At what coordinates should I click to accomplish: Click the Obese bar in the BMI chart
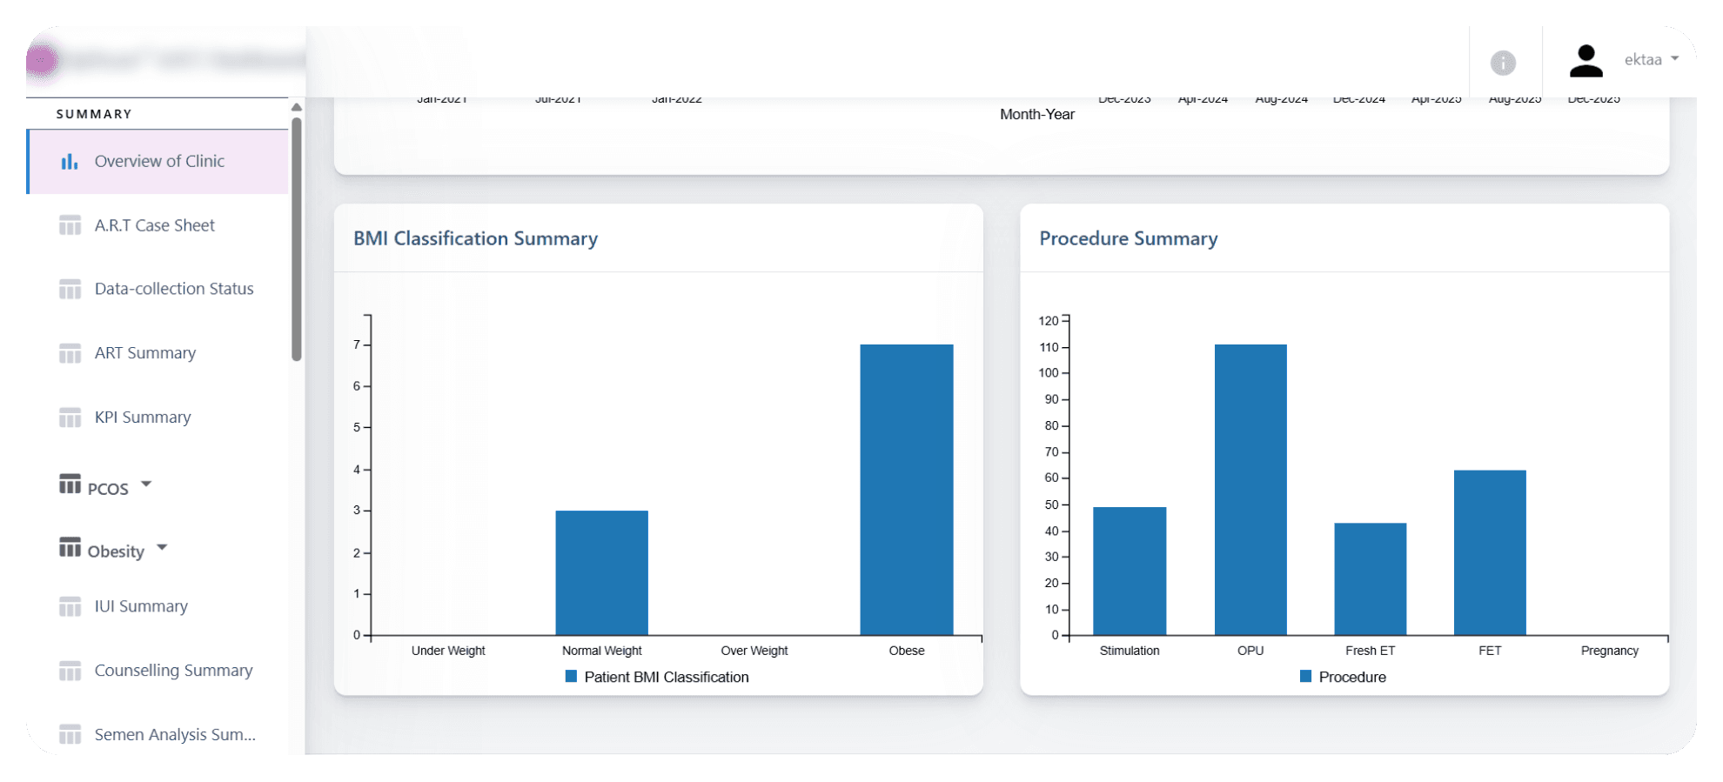(x=906, y=490)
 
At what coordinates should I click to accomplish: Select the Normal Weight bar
(x=601, y=572)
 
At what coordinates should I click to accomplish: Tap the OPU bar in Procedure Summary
(x=1250, y=490)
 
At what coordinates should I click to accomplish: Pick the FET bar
(x=1489, y=552)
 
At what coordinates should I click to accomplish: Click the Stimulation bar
(x=1129, y=571)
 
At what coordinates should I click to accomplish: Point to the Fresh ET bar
(x=1370, y=578)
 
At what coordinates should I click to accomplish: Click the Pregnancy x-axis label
(x=1609, y=651)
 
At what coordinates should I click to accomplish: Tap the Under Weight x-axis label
(x=448, y=651)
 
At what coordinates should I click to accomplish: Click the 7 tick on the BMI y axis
(x=357, y=344)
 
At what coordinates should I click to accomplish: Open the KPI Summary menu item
(x=143, y=418)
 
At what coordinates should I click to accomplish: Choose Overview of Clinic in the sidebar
(x=159, y=161)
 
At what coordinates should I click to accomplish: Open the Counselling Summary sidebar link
(x=173, y=671)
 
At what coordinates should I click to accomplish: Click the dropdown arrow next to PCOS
(x=146, y=484)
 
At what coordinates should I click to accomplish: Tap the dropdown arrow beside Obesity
(x=162, y=547)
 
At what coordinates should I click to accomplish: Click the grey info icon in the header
(x=1503, y=63)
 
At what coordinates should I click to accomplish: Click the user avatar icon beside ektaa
(x=1586, y=61)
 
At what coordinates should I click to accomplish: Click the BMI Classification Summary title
(x=475, y=238)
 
